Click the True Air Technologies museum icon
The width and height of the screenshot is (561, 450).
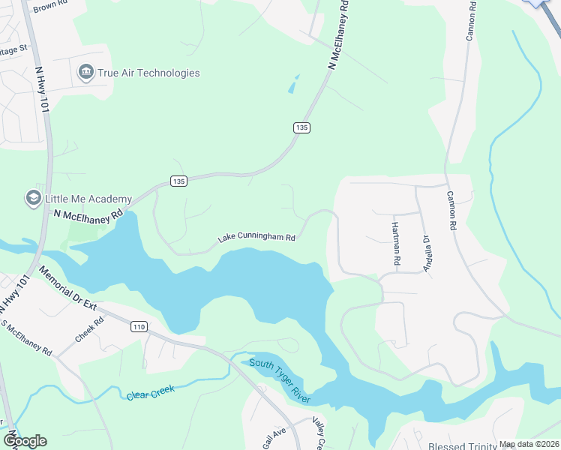[85, 73]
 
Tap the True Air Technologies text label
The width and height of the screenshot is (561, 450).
[148, 73]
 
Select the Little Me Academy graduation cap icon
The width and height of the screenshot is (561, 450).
[33, 198]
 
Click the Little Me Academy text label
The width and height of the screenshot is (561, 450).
[88, 199]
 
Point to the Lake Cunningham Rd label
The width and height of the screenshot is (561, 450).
[257, 238]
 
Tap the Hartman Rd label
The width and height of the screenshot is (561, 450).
[394, 239]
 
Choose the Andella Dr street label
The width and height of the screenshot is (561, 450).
[426, 254]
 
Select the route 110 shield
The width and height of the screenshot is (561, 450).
[138, 326]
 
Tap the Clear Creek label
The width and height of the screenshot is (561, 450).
[150, 391]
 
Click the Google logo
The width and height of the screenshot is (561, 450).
[25, 441]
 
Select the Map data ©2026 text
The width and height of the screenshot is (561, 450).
[528, 444]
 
